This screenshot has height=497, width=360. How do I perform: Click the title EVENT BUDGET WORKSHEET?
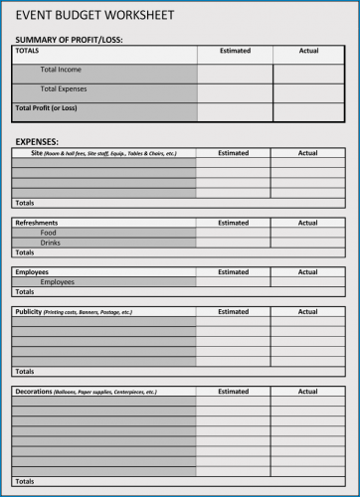pyautogui.click(x=94, y=16)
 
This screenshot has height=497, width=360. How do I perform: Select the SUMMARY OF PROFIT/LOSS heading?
pyautogui.click(x=69, y=40)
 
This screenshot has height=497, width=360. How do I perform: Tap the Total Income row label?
pyautogui.click(x=61, y=70)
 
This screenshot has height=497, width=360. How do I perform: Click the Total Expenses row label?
pyautogui.click(x=64, y=88)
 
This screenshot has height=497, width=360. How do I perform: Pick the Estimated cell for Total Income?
pyautogui.click(x=234, y=72)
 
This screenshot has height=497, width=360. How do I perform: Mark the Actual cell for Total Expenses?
pyautogui.click(x=308, y=91)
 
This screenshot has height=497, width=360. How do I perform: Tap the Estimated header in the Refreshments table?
pyautogui.click(x=233, y=223)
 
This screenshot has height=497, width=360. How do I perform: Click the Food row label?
pyautogui.click(x=49, y=233)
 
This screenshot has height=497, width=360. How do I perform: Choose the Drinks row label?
pyautogui.click(x=51, y=243)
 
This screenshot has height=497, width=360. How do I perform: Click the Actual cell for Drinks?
pyautogui.click(x=308, y=243)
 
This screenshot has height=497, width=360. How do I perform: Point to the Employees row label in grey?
pyautogui.click(x=57, y=281)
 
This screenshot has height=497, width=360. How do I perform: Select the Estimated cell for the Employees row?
pyautogui.click(x=233, y=281)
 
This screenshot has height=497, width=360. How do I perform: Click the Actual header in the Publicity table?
pyautogui.click(x=308, y=311)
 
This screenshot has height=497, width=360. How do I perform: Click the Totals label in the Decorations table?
pyautogui.click(x=25, y=481)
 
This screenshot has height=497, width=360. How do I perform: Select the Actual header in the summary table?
pyautogui.click(x=308, y=51)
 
